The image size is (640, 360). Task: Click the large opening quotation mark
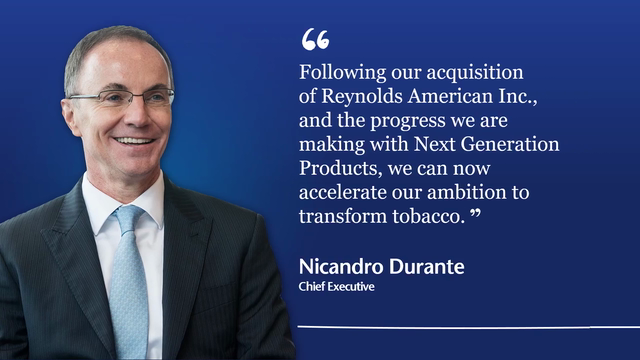click(x=315, y=39)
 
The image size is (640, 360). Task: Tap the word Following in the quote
click(x=342, y=74)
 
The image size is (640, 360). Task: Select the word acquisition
click(x=475, y=74)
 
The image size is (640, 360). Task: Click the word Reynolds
click(x=362, y=97)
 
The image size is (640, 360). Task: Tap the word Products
click(x=340, y=169)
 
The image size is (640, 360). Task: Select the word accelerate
click(x=342, y=193)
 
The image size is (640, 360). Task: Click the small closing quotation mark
click(x=476, y=212)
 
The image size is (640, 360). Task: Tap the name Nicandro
click(x=341, y=267)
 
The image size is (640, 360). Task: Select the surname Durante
click(x=427, y=267)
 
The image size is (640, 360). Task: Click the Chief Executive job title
click(x=336, y=287)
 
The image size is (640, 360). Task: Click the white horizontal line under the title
click(x=469, y=327)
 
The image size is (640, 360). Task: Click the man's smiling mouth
click(x=134, y=141)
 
